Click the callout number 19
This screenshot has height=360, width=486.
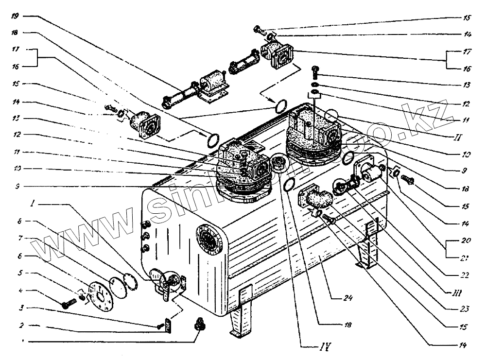pyautogui.click(x=15, y=16)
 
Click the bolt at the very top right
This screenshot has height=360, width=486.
pyautogui.click(x=258, y=30)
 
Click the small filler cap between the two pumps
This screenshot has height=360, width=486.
pyautogui.click(x=279, y=163)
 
